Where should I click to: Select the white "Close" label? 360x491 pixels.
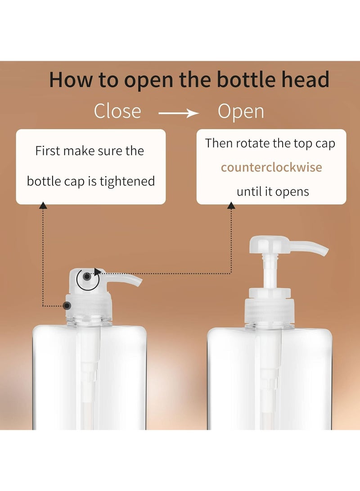117,111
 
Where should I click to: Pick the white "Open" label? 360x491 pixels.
241,111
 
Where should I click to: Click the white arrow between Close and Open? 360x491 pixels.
179,113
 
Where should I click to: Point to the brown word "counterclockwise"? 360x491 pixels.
271,167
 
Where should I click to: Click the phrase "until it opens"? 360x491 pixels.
273,191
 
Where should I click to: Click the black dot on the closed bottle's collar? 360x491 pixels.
67,306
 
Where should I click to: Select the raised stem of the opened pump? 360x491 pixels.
269,275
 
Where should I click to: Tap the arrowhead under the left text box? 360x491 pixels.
43,206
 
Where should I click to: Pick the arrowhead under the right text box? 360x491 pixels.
231,206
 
